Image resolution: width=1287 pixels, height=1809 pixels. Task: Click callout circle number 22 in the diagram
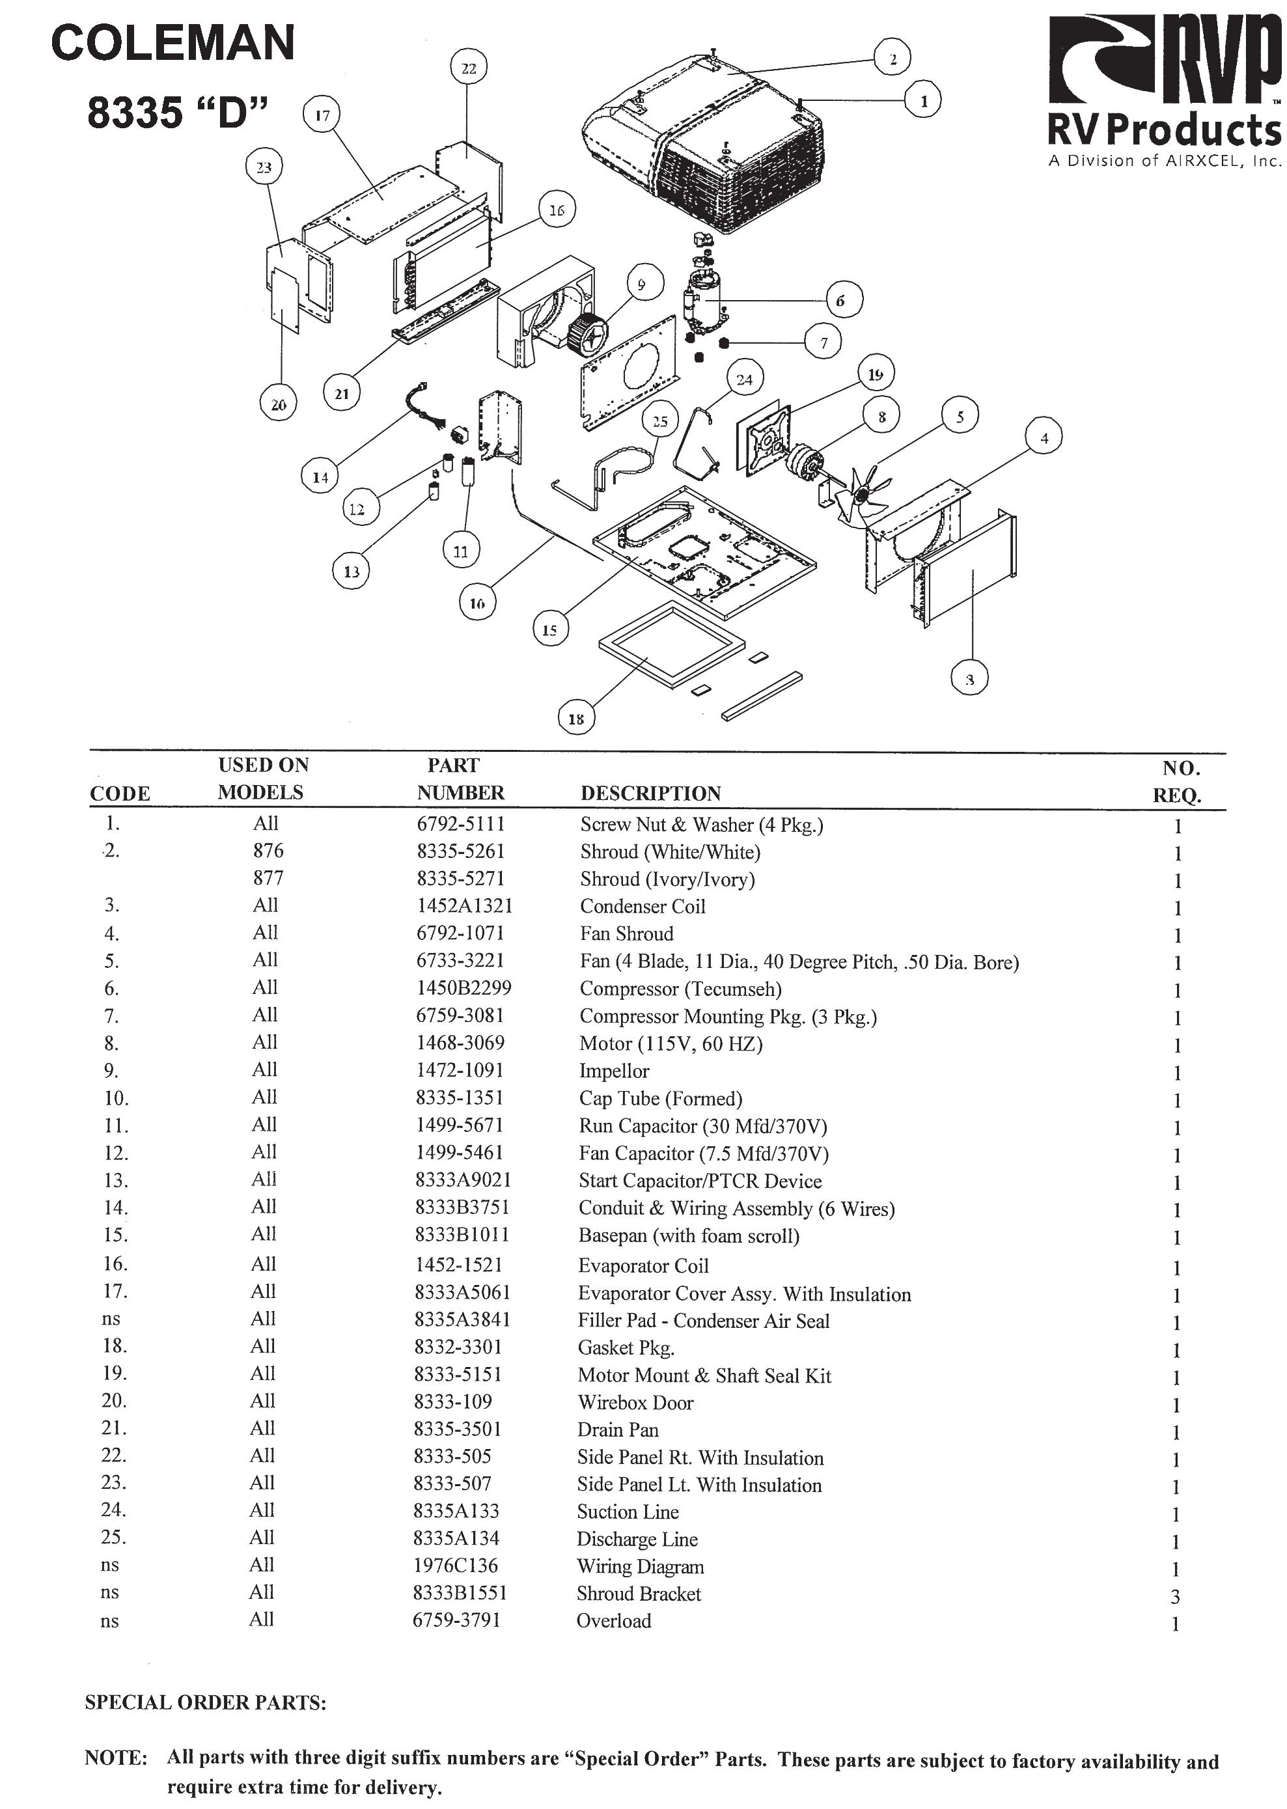pyautogui.click(x=468, y=68)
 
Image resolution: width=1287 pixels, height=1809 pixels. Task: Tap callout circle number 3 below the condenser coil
pyautogui.click(x=969, y=678)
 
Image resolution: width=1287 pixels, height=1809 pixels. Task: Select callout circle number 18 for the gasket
pyautogui.click(x=576, y=719)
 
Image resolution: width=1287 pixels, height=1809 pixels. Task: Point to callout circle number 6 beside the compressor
pyautogui.click(x=840, y=300)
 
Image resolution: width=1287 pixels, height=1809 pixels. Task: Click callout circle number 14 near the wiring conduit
pyautogui.click(x=320, y=477)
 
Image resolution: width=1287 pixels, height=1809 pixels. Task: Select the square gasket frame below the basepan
pyautogui.click(x=672, y=643)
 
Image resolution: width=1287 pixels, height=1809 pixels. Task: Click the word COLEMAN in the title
pyautogui.click(x=173, y=43)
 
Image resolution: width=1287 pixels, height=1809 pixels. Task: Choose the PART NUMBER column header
pyautogui.click(x=460, y=779)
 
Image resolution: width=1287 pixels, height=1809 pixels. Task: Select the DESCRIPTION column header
pyautogui.click(x=650, y=793)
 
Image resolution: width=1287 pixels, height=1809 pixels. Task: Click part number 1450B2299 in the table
pyautogui.click(x=464, y=988)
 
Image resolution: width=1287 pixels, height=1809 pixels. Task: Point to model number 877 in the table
pyautogui.click(x=268, y=878)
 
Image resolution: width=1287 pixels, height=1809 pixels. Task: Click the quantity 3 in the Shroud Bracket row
pyautogui.click(x=1175, y=1597)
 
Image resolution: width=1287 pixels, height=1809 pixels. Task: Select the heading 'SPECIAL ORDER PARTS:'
pyautogui.click(x=205, y=1703)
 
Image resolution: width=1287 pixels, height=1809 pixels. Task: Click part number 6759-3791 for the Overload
pyautogui.click(x=456, y=1620)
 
